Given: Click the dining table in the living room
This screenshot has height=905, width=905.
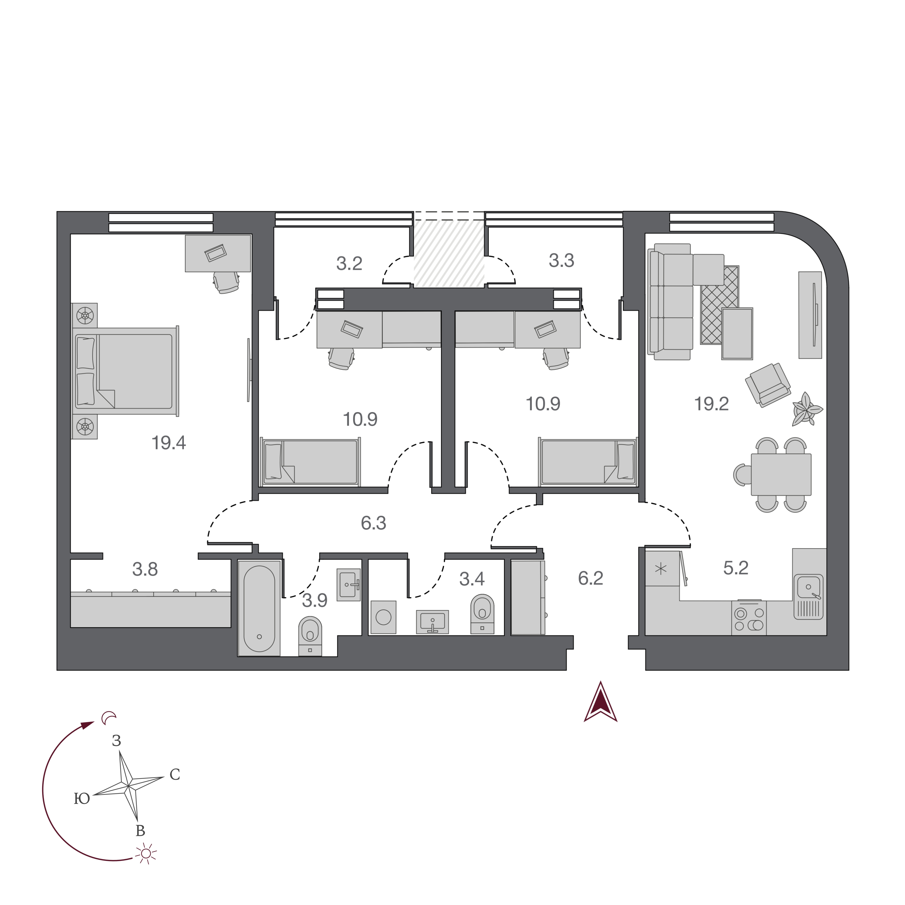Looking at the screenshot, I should [x=781, y=474].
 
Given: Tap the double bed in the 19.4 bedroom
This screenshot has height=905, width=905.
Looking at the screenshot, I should [x=125, y=371].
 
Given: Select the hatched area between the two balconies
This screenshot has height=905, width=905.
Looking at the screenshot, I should [x=449, y=254].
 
